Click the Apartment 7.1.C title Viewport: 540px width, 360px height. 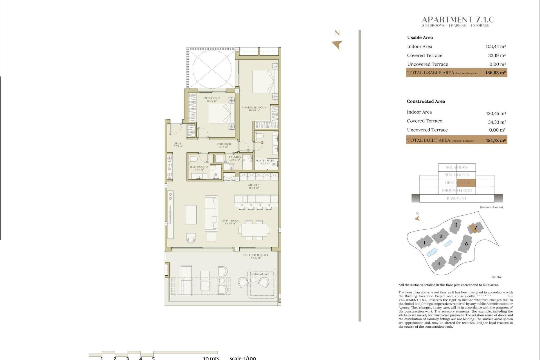click(458, 20)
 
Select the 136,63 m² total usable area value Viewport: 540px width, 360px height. click(495, 73)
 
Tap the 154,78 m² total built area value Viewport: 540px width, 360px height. click(496, 140)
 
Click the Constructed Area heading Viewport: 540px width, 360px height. click(426, 102)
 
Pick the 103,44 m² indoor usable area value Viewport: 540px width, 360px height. click(496, 47)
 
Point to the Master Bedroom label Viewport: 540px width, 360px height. click(254, 109)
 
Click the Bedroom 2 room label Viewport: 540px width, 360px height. click(212, 99)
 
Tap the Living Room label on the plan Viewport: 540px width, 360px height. click(230, 222)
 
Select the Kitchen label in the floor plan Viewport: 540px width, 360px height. click(254, 186)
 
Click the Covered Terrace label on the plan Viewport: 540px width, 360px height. click(256, 256)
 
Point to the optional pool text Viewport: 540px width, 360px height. click(260, 274)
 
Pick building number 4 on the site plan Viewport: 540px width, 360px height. click(439, 264)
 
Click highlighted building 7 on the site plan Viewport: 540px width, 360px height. click(475, 228)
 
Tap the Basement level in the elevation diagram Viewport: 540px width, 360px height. click(456, 199)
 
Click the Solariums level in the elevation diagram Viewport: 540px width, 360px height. click(456, 167)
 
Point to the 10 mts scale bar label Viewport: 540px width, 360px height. click(211, 358)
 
